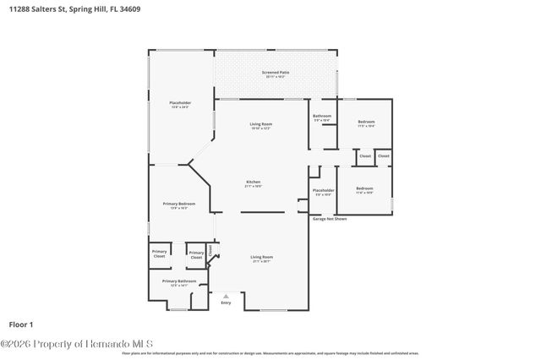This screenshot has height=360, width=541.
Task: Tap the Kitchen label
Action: (253, 183)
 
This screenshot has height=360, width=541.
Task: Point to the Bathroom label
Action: (321, 117)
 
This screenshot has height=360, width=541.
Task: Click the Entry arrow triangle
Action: (225, 296)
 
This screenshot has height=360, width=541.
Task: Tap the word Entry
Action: (226, 303)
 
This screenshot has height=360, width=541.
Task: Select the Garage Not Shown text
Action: (330, 218)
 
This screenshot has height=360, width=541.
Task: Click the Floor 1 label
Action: (21, 324)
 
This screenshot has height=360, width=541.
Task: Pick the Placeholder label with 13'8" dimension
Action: (181, 104)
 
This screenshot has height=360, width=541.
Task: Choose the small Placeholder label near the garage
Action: (323, 191)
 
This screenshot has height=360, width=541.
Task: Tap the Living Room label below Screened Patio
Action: (260, 126)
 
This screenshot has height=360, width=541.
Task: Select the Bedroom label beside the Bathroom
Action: (365, 123)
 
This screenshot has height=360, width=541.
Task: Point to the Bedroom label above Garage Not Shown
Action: (363, 188)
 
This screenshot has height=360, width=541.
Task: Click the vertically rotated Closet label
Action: (210, 249)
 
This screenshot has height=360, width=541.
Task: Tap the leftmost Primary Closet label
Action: (159, 253)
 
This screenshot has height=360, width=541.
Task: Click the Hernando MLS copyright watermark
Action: (76, 343)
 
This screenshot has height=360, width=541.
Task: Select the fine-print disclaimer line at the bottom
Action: (270, 353)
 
